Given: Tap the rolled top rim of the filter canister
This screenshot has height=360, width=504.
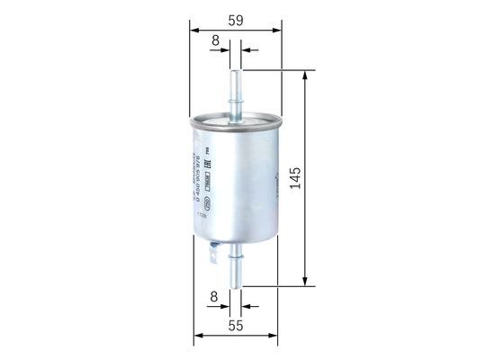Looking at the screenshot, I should pos(236,117).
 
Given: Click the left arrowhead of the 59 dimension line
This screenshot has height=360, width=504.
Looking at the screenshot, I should pos(193,28).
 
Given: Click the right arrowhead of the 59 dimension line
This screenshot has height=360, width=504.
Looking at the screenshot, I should pos(278,28).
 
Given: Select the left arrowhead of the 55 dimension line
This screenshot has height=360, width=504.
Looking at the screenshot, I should pos(196,337).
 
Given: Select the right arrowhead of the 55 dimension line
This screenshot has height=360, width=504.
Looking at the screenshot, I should pos(275,337).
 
